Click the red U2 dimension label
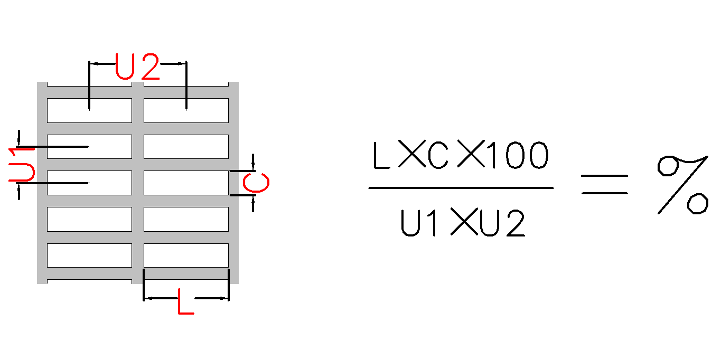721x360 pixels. pyautogui.click(x=137, y=67)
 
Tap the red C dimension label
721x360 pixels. pyautogui.click(x=256, y=183)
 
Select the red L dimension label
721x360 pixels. pyautogui.click(x=185, y=301)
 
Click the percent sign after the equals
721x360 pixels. pyautogui.click(x=683, y=184)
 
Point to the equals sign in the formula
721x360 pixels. pyautogui.click(x=604, y=184)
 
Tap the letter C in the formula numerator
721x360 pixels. pyautogui.click(x=438, y=156)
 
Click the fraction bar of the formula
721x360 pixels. pyautogui.click(x=461, y=188)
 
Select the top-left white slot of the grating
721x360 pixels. pyautogui.click(x=89, y=110)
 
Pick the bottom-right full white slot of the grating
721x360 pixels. pyautogui.click(x=186, y=255)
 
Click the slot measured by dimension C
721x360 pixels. pyautogui.click(x=186, y=183)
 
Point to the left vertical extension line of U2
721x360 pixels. pyautogui.click(x=89, y=84)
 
